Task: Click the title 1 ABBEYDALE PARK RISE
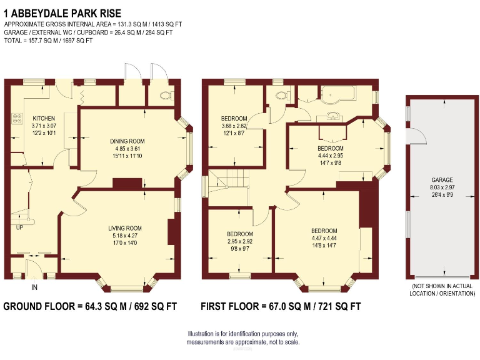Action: click(x=62, y=12)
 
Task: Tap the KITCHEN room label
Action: click(x=44, y=118)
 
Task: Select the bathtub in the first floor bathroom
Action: click(x=337, y=94)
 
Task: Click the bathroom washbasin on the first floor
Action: click(x=331, y=116)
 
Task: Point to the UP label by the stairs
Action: click(x=19, y=227)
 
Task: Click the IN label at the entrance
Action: click(x=34, y=288)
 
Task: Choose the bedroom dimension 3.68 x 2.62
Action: click(x=234, y=126)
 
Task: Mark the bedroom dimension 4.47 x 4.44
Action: click(x=324, y=237)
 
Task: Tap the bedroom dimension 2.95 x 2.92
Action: click(x=239, y=241)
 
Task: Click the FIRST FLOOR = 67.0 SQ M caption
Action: click(x=280, y=307)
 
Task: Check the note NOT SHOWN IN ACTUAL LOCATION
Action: click(x=441, y=289)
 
